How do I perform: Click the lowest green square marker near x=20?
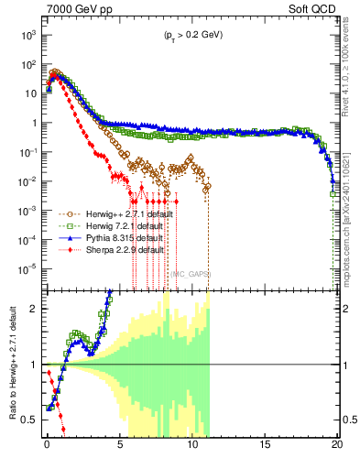point(333,193)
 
